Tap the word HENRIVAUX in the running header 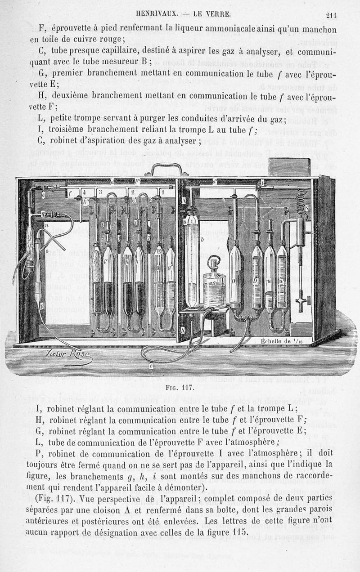pos(160,13)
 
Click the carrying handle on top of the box pos(169,170)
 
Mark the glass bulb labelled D pos(235,274)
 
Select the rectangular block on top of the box pos(288,167)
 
